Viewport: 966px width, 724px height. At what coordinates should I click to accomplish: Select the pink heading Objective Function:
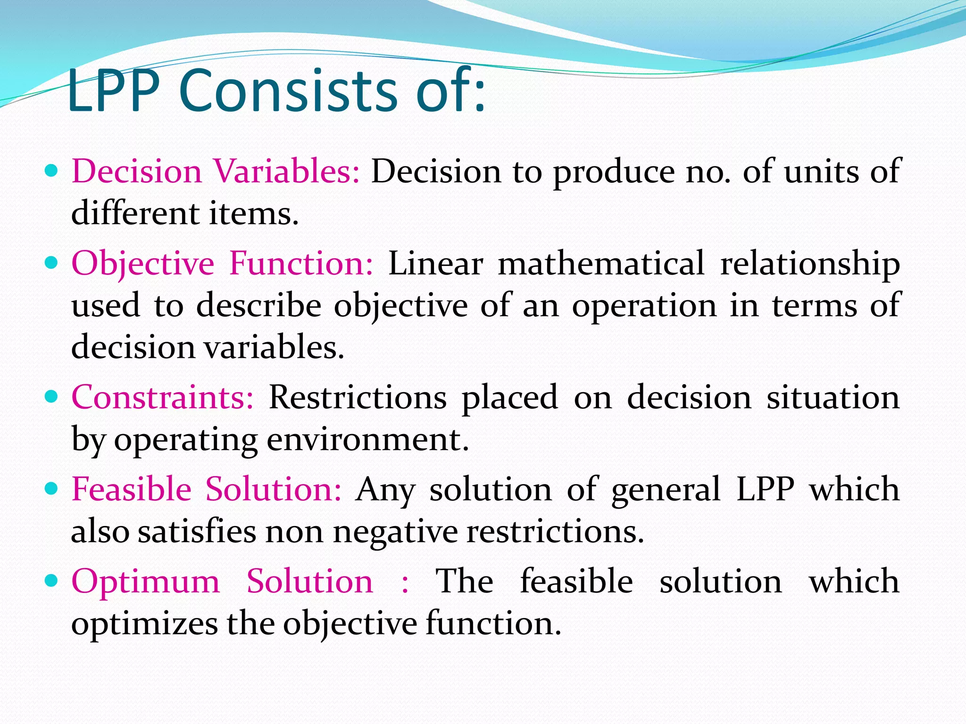[222, 263]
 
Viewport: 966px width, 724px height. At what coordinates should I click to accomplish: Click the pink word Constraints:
[162, 397]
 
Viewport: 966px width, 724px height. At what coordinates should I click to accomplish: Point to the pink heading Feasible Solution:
[206, 489]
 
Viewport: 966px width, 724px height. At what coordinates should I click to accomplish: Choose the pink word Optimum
[145, 581]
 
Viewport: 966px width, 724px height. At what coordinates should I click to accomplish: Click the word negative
[395, 532]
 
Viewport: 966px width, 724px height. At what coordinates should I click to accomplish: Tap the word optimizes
[144, 624]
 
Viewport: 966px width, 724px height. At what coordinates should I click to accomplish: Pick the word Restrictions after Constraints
[357, 397]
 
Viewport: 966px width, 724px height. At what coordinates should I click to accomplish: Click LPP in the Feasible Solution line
[765, 489]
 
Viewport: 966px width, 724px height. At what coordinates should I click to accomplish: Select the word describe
[258, 305]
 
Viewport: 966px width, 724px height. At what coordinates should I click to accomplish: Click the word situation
[833, 397]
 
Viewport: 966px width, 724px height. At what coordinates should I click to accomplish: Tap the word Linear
[435, 263]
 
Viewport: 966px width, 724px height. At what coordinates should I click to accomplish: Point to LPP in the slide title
[113, 90]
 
